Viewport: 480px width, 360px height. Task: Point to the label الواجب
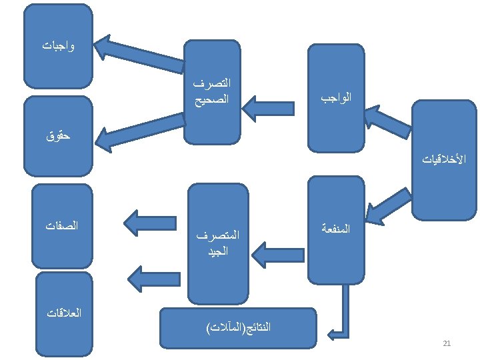tap(336, 98)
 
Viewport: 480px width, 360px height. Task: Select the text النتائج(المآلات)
tap(239, 327)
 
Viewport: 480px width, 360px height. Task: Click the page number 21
tap(447, 343)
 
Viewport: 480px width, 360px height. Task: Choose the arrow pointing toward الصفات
tap(149, 223)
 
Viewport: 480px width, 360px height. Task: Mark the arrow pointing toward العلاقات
tap(149, 275)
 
